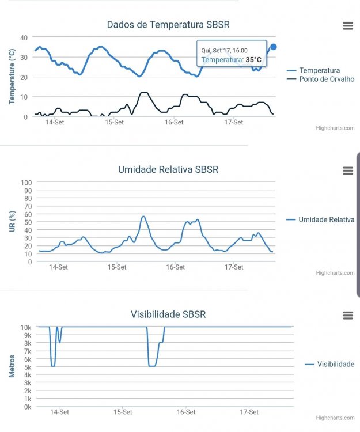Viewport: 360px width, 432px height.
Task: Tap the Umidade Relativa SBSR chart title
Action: pos(168,169)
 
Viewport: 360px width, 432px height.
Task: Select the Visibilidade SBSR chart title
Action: pos(168,314)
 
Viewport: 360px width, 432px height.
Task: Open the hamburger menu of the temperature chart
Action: pos(347,25)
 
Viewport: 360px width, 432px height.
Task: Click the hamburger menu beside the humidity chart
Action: pos(347,170)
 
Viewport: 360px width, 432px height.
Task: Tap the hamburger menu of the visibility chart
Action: pos(347,316)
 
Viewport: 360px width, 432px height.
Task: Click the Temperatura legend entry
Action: pos(319,70)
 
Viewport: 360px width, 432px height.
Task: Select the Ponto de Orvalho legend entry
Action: pos(327,79)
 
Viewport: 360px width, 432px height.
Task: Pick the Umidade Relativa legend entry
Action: pos(326,219)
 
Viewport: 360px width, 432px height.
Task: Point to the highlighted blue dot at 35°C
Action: pos(273,47)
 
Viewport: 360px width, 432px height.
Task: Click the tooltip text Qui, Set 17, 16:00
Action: pos(224,51)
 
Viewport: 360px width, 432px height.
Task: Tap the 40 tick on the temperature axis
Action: pos(24,37)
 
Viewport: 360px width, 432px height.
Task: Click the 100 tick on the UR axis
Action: pos(26,183)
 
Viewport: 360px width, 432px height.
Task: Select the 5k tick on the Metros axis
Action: pos(26,367)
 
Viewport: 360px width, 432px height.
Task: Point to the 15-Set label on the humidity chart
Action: pos(117,267)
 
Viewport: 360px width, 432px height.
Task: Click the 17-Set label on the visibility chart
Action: pos(249,412)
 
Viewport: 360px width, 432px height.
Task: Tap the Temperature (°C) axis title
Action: pos(12,77)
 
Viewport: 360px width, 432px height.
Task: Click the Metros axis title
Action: pos(12,366)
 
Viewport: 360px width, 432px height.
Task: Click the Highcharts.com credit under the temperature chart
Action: pos(335,128)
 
